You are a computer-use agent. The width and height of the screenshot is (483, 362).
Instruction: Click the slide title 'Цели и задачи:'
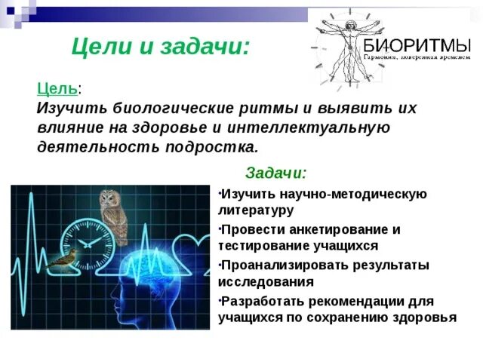click(x=160, y=48)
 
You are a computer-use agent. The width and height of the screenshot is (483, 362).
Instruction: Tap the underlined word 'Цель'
click(x=57, y=88)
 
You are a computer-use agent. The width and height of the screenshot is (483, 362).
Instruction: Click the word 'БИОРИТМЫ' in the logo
click(x=417, y=44)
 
